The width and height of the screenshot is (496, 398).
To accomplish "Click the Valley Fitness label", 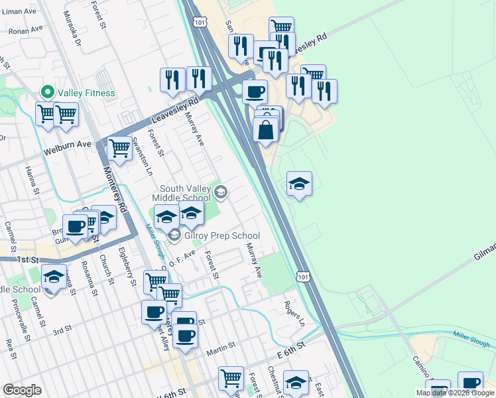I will point(86,94).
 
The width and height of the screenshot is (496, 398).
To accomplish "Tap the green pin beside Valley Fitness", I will point(47,92).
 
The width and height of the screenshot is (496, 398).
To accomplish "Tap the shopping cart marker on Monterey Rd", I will point(119,148).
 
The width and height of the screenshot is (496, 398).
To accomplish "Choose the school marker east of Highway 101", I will point(299,184).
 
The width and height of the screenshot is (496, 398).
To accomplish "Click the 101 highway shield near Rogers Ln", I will point(302,276).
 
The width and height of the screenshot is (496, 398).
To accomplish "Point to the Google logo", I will point(22,389).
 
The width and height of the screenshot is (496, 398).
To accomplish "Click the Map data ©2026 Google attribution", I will point(455,393).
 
